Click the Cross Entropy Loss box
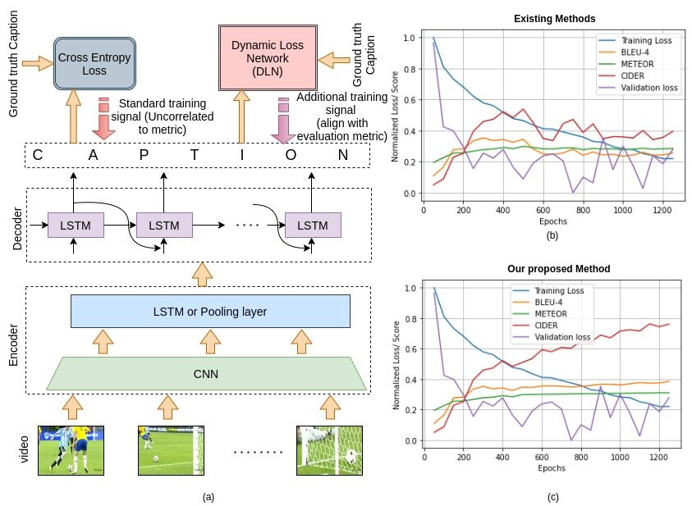pyautogui.click(x=94, y=63)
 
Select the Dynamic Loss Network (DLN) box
pyautogui.click(x=268, y=57)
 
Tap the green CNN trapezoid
pyautogui.click(x=206, y=374)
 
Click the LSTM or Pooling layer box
pyautogui.click(x=210, y=311)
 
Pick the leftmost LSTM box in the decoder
pyautogui.click(x=76, y=226)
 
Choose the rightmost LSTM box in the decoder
pyautogui.click(x=313, y=226)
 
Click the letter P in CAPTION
pyautogui.click(x=144, y=155)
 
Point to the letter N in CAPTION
pyautogui.click(x=343, y=155)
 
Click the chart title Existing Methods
pyautogui.click(x=554, y=19)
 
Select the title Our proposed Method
pyautogui.click(x=559, y=269)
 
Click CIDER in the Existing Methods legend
pyautogui.click(x=632, y=75)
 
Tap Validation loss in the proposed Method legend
pyautogui.click(x=562, y=337)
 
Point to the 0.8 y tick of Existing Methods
pyautogui.click(x=409, y=69)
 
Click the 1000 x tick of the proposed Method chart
pyautogui.click(x=620, y=457)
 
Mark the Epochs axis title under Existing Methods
pyautogui.click(x=553, y=221)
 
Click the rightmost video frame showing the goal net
pyautogui.click(x=330, y=450)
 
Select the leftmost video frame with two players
pyautogui.click(x=71, y=450)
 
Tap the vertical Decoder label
pyautogui.click(x=16, y=228)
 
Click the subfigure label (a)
pyautogui.click(x=209, y=497)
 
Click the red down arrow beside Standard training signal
pyautogui.click(x=103, y=119)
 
